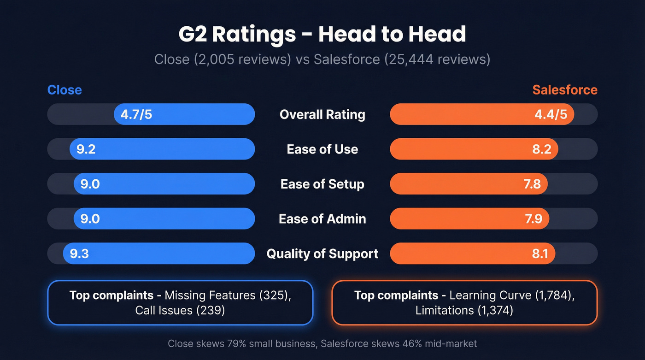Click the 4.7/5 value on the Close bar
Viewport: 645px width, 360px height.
[x=136, y=114]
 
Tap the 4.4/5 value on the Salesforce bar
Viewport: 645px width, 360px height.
[x=551, y=114]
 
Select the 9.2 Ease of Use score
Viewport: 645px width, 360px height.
[x=86, y=149]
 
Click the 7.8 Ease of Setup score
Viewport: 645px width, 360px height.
[x=532, y=184]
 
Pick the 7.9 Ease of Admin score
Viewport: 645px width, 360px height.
[x=534, y=218]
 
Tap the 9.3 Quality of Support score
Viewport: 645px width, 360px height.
[x=79, y=254]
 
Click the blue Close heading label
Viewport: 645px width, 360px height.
[x=64, y=89]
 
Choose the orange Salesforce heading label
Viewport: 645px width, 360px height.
[x=565, y=89]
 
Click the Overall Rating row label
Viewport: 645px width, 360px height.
[x=322, y=114]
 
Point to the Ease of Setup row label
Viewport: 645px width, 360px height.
[x=322, y=184]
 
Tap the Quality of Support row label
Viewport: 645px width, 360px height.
[x=322, y=254]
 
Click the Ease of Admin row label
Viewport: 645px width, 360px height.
[x=322, y=218]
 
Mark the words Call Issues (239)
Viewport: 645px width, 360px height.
[x=180, y=310]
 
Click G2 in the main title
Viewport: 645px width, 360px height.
[x=193, y=35]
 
